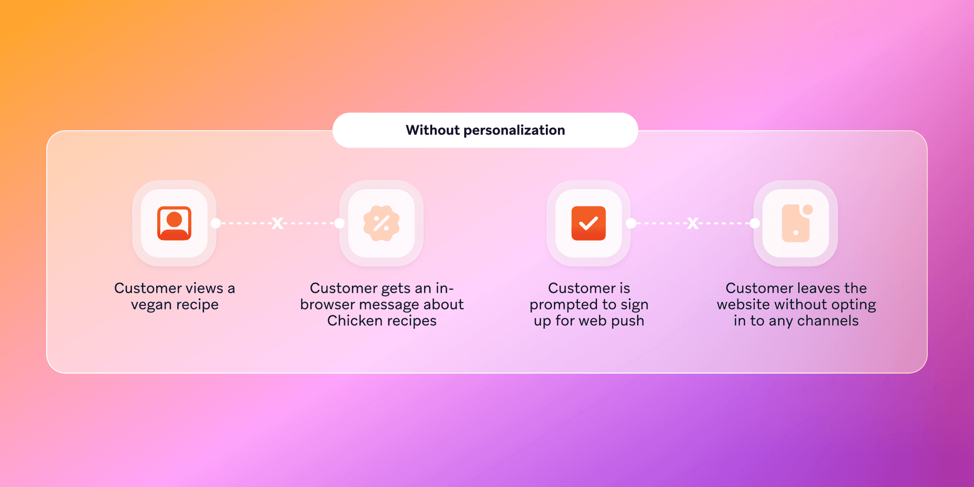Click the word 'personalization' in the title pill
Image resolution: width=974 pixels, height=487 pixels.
pos(514,130)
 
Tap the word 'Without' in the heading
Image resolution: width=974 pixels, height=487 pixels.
pos(432,130)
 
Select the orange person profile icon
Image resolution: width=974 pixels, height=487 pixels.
pos(175,223)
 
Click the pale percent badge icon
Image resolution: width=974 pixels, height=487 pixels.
pos(381,223)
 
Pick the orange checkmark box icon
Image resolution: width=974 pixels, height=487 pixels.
pos(588,223)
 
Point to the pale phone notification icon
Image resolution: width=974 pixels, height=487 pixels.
pos(796,223)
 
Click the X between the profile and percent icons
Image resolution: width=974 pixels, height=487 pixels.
pos(277,223)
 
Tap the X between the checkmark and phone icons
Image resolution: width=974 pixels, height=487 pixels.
pos(693,223)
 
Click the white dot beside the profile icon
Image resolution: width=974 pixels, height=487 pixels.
pos(216,223)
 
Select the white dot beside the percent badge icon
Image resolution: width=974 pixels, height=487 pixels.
pos(339,223)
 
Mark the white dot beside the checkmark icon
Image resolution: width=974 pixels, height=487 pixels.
pos(631,223)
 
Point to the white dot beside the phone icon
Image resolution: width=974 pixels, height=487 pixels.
pos(755,223)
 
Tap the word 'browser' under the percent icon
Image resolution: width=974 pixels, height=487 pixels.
pos(327,304)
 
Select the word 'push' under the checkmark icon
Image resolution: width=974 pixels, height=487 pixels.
pos(628,321)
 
